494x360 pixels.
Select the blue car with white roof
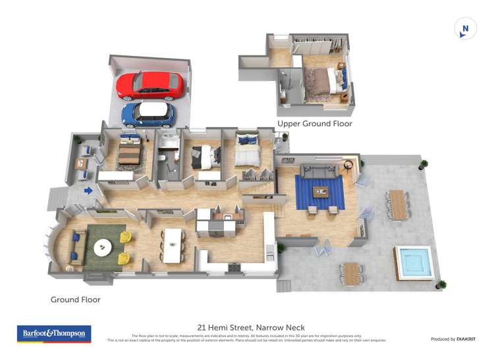(x=148, y=114)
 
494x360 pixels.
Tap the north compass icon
(x=466, y=29)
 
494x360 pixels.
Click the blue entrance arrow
(x=88, y=191)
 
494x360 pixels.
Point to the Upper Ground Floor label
(x=314, y=124)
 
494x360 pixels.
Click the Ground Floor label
(x=75, y=299)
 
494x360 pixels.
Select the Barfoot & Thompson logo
(x=54, y=334)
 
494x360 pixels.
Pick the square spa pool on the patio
(x=413, y=262)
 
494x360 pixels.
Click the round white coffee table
(x=103, y=247)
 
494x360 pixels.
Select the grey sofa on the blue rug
(x=320, y=170)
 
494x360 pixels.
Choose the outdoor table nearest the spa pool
(x=352, y=272)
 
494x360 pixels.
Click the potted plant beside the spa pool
(x=441, y=284)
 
